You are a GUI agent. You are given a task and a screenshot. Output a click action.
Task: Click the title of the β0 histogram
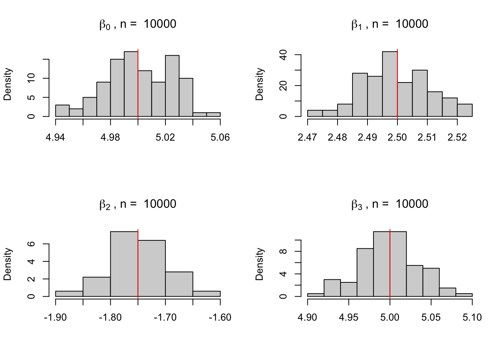click(138, 24)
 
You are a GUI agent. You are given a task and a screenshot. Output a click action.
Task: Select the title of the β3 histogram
click(390, 204)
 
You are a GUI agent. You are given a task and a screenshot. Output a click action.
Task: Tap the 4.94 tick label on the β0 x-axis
click(55, 138)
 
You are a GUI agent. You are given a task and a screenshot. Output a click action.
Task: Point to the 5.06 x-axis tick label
click(220, 138)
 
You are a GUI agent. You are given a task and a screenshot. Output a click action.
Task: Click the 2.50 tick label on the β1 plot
click(397, 138)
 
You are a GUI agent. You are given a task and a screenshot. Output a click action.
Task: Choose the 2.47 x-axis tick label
click(307, 138)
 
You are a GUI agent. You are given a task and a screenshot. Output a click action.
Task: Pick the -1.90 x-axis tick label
click(55, 318)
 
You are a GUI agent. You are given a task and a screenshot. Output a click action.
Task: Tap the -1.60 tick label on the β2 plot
click(220, 318)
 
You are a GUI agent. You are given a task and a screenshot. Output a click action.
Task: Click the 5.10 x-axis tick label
click(472, 318)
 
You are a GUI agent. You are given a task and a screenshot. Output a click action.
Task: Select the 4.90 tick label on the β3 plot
click(307, 318)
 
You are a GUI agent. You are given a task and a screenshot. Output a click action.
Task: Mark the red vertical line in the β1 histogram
click(397, 82)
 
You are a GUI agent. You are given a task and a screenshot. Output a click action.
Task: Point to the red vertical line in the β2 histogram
click(138, 262)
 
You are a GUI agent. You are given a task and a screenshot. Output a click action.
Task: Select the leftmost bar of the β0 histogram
click(62, 111)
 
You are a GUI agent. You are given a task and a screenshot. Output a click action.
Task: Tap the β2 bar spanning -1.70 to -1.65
click(179, 284)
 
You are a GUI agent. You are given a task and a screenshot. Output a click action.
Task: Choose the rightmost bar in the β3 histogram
click(464, 295)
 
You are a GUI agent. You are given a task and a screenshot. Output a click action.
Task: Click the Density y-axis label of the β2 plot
click(8, 264)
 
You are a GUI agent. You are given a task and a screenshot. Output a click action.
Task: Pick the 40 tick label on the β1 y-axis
click(283, 55)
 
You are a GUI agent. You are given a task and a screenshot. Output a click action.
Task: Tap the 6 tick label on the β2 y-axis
click(31, 244)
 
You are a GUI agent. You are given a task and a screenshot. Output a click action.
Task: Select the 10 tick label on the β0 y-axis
click(31, 78)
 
